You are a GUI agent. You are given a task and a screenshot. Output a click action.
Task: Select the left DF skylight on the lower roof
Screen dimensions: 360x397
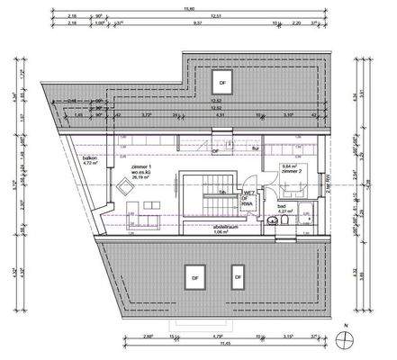pos(193,274)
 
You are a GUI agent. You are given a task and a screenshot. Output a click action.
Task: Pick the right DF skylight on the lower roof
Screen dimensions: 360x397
pos(238,275)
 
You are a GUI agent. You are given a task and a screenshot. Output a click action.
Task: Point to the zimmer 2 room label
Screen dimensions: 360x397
pos(292,171)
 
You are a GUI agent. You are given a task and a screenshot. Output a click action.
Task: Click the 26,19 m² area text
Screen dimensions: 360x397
pos(142,178)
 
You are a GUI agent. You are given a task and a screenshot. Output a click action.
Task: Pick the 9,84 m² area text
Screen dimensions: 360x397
pos(291,166)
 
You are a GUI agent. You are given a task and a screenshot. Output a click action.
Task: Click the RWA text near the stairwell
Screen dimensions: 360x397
pos(247,203)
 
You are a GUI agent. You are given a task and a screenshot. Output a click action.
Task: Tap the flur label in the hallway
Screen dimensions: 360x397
pos(255,148)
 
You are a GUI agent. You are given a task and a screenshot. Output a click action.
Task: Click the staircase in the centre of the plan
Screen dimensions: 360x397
pos(199,197)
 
